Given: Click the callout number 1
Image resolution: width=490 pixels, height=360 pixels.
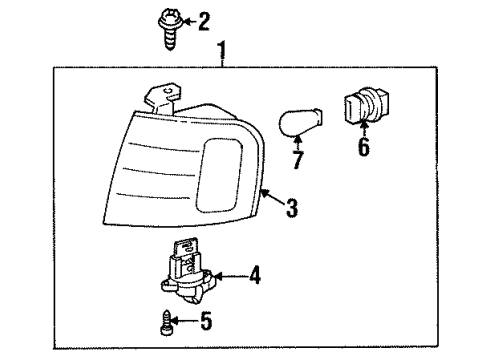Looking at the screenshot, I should (x=222, y=50).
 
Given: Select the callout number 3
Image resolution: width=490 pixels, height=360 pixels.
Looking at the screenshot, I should (x=292, y=208).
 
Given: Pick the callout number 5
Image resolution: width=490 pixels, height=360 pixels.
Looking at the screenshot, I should (x=207, y=321).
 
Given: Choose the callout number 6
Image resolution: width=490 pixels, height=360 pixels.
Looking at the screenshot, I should (x=363, y=148).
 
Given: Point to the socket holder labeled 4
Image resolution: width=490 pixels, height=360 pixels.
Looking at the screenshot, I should (x=186, y=274).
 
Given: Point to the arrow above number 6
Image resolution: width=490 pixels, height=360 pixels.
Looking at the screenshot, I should (x=362, y=130).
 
